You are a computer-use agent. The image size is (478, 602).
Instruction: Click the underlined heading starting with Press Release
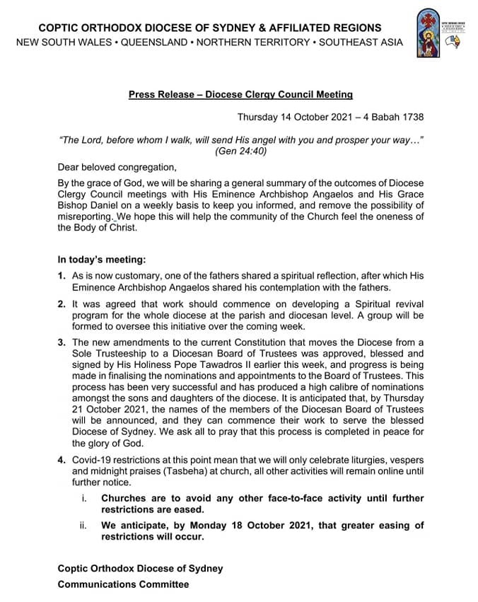click(240, 93)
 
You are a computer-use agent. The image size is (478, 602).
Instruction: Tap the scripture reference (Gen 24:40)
click(240, 151)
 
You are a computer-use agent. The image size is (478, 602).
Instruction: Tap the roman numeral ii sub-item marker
click(83, 525)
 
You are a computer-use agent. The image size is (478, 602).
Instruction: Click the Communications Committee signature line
click(123, 584)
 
